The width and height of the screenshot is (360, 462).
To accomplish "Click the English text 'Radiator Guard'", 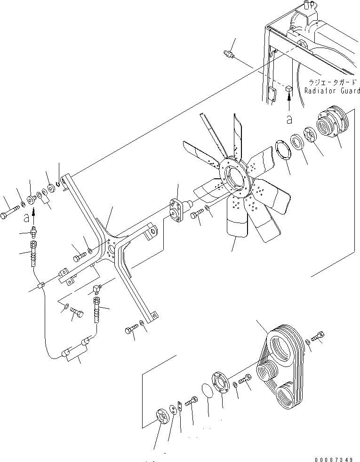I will tap(332, 91).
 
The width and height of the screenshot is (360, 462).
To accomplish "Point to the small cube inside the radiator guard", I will tap(289, 88).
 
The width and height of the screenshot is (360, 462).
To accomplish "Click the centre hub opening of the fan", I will tap(234, 178).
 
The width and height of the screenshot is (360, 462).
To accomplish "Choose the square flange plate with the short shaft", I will tap(179, 210).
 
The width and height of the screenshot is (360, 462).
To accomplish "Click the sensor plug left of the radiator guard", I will tap(231, 55).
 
